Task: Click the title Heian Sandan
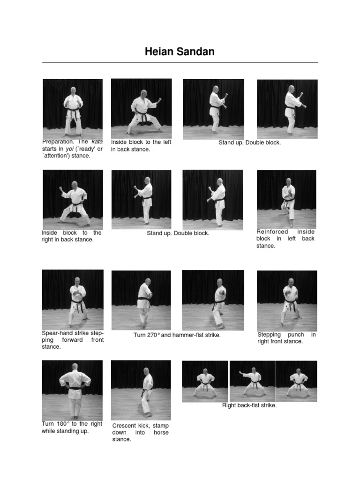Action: click(x=180, y=52)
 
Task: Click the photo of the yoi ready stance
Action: click(x=73, y=108)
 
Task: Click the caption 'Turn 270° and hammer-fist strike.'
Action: click(x=177, y=335)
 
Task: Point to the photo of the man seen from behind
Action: click(x=72, y=390)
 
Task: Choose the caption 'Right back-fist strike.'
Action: click(x=249, y=405)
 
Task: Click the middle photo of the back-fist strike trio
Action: click(x=252, y=381)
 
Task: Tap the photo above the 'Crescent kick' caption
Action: click(x=141, y=390)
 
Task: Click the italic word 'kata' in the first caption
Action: click(x=97, y=142)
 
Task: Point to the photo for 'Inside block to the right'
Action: click(x=73, y=199)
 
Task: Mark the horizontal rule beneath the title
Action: click(x=180, y=63)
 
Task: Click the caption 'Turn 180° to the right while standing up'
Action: click(x=72, y=427)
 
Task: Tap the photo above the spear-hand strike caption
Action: click(x=73, y=299)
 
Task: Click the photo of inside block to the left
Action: click(x=141, y=108)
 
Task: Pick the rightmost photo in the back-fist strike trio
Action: click(x=296, y=381)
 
